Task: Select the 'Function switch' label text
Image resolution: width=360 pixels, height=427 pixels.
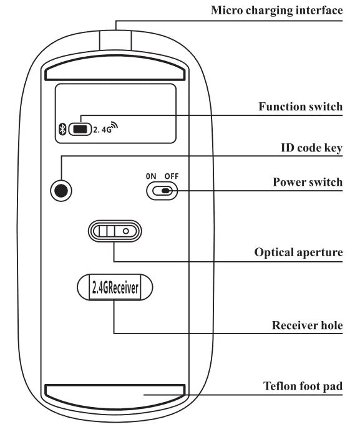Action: point(300,107)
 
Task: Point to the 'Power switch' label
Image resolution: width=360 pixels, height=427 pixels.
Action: point(307,182)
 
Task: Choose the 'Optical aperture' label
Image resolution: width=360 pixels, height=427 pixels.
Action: point(298,253)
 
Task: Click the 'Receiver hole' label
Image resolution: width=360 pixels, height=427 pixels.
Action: point(307,325)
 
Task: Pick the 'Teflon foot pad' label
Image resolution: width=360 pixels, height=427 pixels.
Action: point(303,386)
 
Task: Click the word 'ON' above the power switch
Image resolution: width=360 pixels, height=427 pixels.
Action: point(151,176)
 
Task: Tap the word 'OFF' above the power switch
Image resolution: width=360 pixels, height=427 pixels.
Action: point(171,176)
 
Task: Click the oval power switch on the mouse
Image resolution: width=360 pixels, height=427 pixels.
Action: point(161,191)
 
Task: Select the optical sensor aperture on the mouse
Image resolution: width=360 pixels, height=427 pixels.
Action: point(115,231)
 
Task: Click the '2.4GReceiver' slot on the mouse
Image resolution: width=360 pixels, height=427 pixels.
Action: point(114,287)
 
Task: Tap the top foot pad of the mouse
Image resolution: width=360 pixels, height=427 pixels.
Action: point(115,69)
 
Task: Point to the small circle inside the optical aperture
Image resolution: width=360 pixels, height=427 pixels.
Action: point(126,231)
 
